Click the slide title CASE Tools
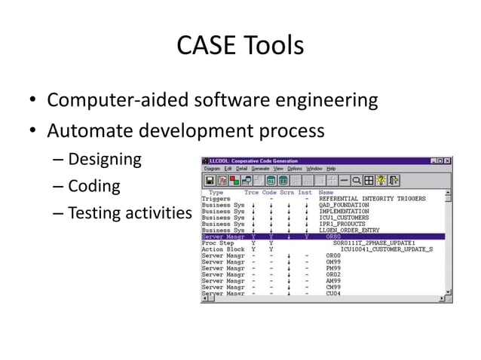click(x=240, y=46)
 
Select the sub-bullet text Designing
click(x=105, y=160)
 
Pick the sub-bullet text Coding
click(x=94, y=186)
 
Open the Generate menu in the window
click(x=259, y=169)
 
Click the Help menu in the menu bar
click(x=331, y=169)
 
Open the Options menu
click(x=294, y=169)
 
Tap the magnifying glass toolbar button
click(x=356, y=181)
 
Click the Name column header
click(x=326, y=193)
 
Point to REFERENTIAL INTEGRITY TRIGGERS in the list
click(x=372, y=199)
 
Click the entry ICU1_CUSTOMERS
click(x=345, y=218)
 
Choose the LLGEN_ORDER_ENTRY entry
click(x=349, y=230)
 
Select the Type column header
click(x=216, y=193)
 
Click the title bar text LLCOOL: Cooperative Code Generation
click(x=264, y=160)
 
